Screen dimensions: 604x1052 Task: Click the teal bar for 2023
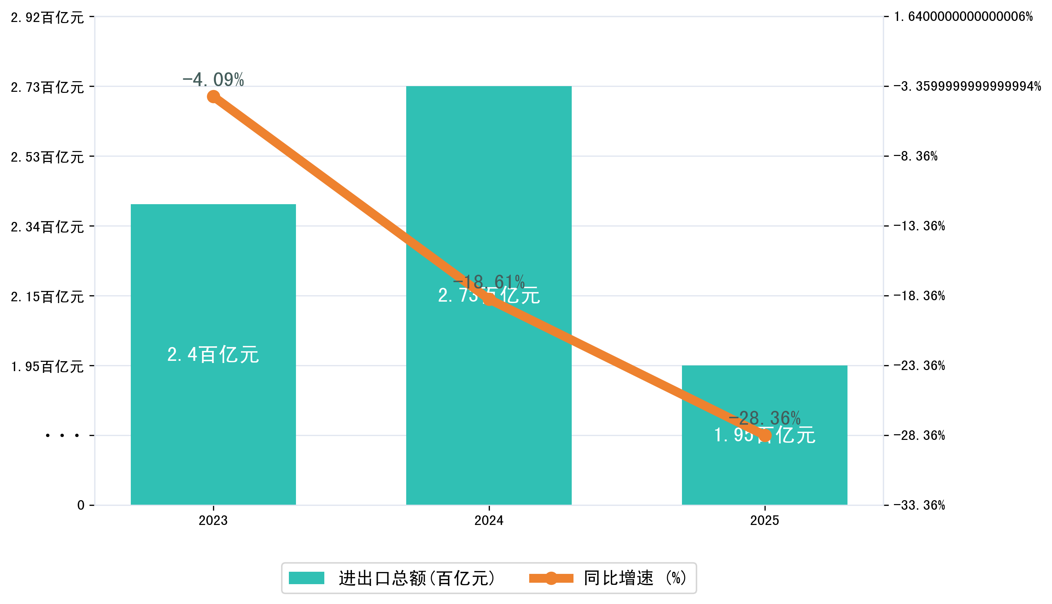click(x=213, y=415)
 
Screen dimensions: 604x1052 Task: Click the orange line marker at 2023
click(x=213, y=97)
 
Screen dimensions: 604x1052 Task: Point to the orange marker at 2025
click(x=765, y=436)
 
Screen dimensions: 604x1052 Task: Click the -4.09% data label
click(x=213, y=80)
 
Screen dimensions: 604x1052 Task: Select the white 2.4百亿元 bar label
click(x=213, y=355)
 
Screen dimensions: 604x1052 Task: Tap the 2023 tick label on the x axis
click(x=213, y=521)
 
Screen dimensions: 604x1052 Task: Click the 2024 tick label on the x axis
click(x=489, y=521)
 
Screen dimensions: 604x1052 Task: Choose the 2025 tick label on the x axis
click(x=765, y=521)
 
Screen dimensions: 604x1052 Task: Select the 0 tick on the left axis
click(x=81, y=505)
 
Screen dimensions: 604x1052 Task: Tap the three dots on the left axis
click(x=62, y=436)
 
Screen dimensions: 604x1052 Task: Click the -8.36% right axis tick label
click(x=916, y=156)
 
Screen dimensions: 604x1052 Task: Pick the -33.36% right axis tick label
click(x=919, y=505)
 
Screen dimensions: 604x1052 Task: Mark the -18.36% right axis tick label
click(x=919, y=296)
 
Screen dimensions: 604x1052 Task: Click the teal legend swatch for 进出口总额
click(x=306, y=578)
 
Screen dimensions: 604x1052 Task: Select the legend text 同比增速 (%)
click(x=635, y=578)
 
